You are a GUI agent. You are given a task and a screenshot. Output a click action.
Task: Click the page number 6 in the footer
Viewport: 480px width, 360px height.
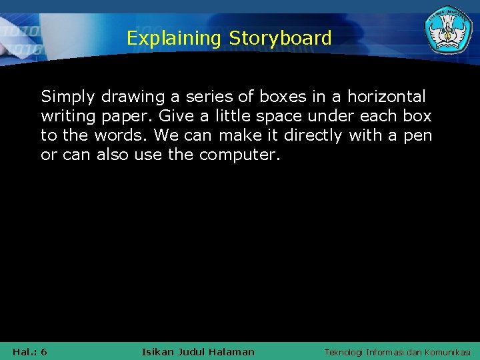tap(44, 351)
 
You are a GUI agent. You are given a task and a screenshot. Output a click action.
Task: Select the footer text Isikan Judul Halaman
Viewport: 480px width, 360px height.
tap(198, 351)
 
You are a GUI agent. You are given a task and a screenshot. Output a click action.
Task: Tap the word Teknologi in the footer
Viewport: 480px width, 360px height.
tap(344, 352)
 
